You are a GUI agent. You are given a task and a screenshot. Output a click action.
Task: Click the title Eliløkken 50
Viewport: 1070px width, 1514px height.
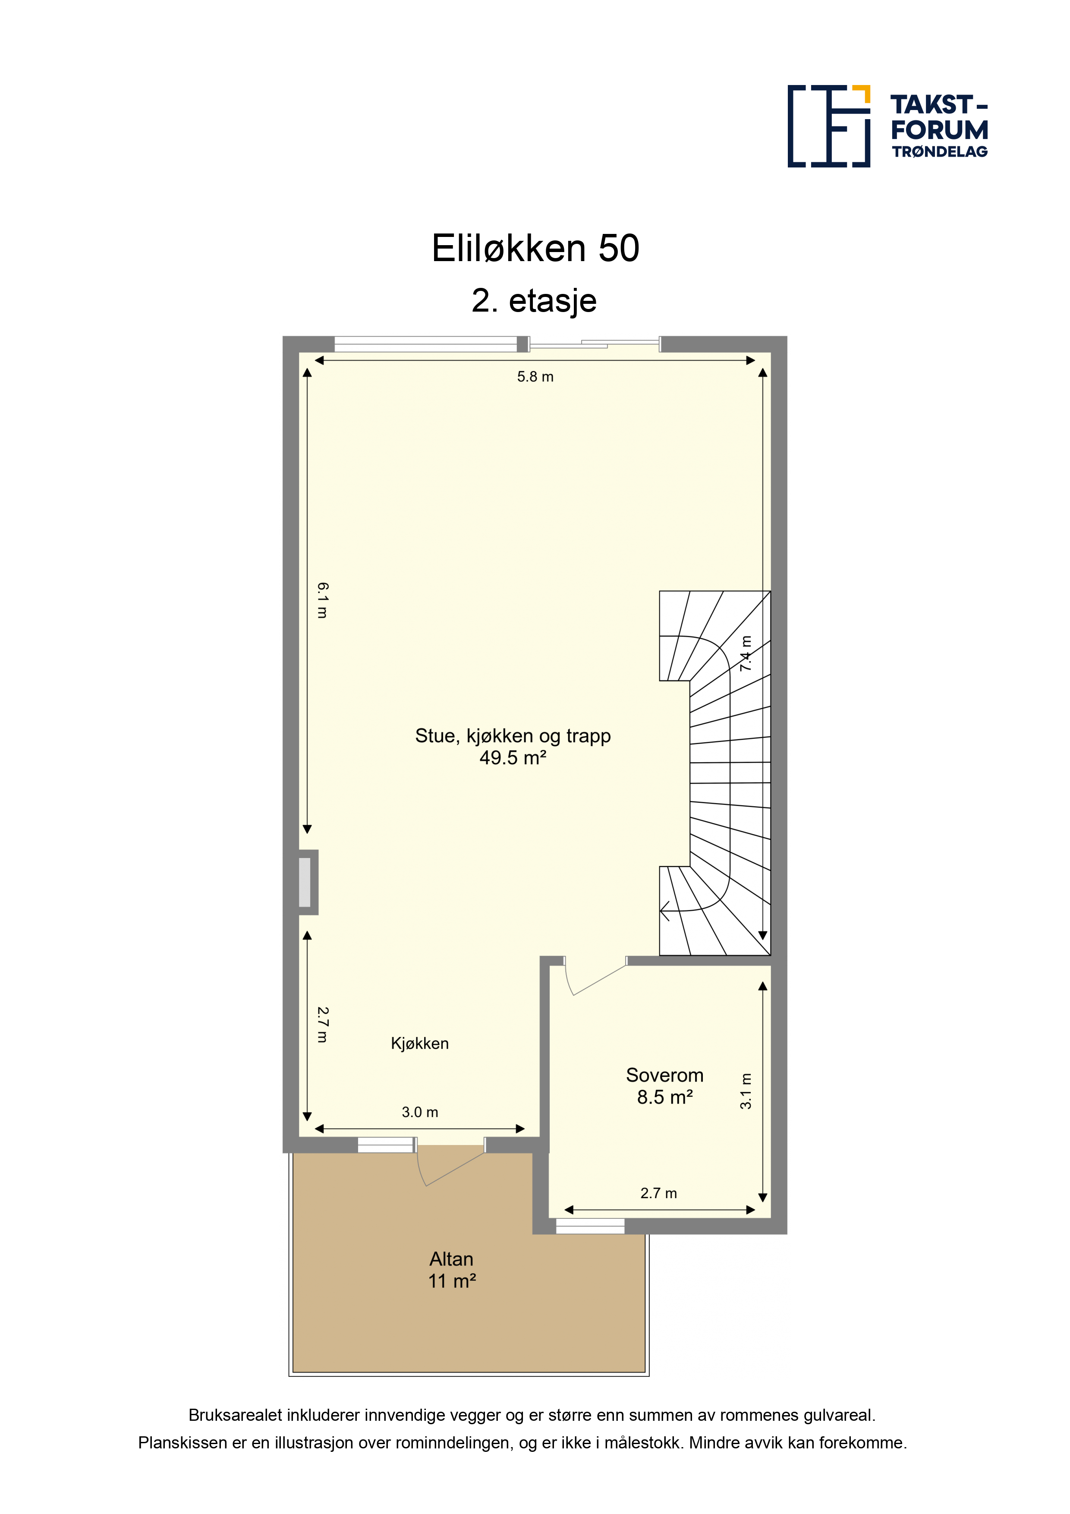pos(535,249)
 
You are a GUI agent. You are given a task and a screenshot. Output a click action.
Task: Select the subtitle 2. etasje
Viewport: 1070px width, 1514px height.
pos(535,301)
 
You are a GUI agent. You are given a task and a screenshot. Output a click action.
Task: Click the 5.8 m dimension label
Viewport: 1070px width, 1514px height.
pos(535,376)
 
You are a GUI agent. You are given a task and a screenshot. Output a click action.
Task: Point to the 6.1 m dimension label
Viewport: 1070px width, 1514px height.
pos(322,600)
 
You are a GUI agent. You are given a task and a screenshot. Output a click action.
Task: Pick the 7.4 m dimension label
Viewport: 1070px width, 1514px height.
pos(746,653)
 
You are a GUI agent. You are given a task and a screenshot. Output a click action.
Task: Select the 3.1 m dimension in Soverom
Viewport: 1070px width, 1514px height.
pos(746,1091)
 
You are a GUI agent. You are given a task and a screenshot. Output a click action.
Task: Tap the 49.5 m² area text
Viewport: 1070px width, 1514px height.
pos(513,758)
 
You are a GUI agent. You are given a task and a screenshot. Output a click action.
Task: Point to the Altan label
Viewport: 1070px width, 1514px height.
pos(452,1259)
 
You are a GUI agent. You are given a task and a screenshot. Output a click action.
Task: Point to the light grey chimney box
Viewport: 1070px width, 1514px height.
pos(305,882)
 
